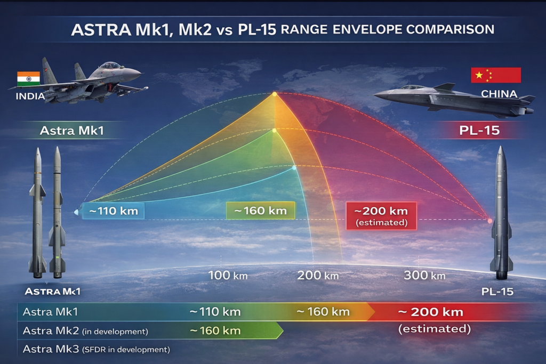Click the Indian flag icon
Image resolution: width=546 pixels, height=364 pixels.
[28, 78]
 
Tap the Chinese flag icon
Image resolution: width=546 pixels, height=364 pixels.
[495, 75]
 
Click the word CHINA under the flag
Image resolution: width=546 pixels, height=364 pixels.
[499, 94]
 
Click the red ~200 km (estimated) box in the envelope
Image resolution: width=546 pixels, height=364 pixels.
[381, 215]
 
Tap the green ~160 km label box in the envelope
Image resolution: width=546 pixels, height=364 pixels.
[260, 211]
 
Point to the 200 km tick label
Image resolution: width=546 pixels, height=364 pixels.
[318, 276]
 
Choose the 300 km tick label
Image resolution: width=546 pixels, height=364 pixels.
[424, 276]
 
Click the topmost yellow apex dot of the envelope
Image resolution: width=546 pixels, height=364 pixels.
[274, 94]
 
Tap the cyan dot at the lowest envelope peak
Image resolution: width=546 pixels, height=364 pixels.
[294, 167]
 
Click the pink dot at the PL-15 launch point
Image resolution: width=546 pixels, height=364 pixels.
[490, 221]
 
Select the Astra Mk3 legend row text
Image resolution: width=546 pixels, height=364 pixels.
[96, 350]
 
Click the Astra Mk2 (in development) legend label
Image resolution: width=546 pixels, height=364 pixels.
[85, 331]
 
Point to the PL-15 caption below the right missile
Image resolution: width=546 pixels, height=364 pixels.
[497, 292]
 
